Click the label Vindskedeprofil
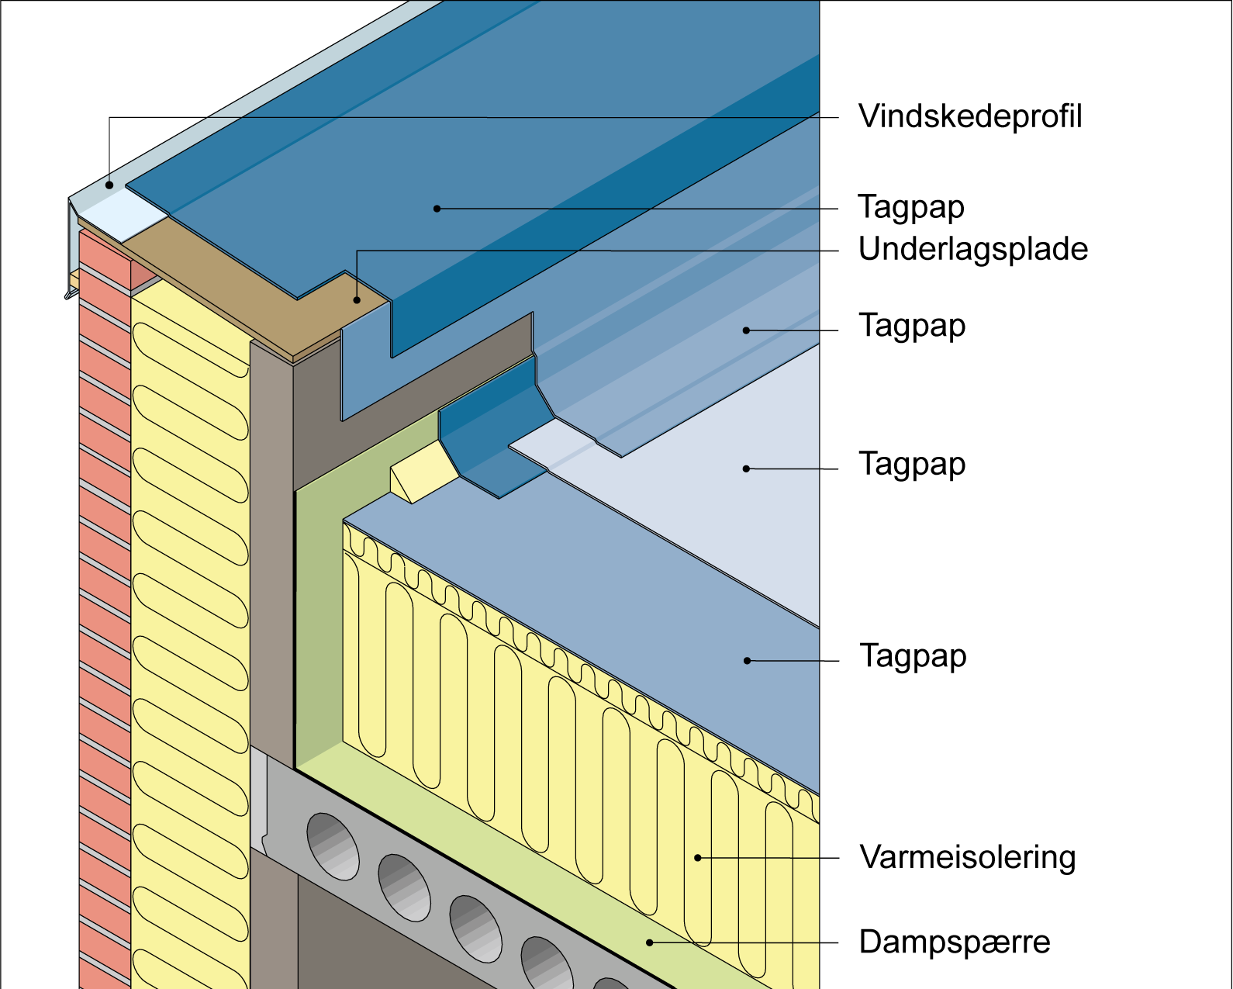969,117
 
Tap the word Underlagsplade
972,250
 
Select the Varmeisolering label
967,858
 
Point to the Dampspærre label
954,942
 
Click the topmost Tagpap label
911,208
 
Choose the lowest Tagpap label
913,656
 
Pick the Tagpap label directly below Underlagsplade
911,326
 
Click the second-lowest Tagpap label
911,465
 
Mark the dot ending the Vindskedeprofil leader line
110,185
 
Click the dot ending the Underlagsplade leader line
357,299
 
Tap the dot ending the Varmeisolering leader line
698,858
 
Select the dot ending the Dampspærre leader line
650,942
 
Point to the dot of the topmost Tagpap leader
437,209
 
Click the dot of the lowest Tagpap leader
747,661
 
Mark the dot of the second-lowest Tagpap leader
746,469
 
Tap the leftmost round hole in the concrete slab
333,845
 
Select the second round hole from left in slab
404,887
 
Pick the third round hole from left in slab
475,928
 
